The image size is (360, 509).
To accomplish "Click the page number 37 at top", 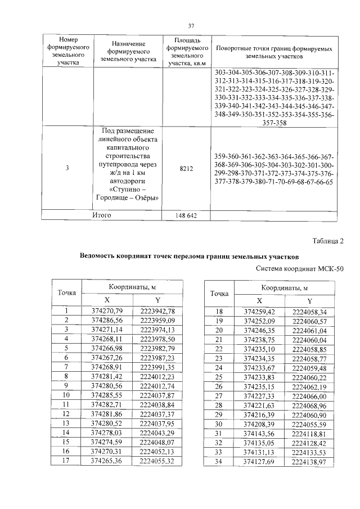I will click(x=191, y=26).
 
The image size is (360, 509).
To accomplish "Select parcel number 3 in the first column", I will click(x=67, y=168).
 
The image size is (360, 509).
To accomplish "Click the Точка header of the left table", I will click(x=67, y=292).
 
